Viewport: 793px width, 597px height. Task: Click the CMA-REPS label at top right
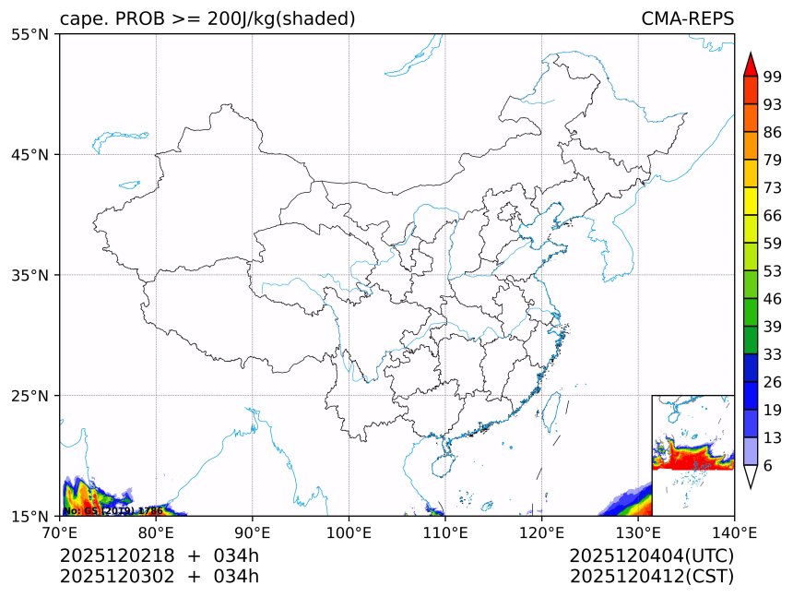(687, 18)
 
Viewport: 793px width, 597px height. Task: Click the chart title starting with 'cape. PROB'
(207, 18)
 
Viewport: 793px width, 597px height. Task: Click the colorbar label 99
(773, 78)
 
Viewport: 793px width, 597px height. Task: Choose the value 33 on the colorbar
(773, 354)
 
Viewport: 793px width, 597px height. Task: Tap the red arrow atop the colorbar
(751, 64)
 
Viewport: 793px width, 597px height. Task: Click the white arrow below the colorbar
(751, 476)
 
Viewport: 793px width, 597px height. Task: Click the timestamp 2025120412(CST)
(651, 577)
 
